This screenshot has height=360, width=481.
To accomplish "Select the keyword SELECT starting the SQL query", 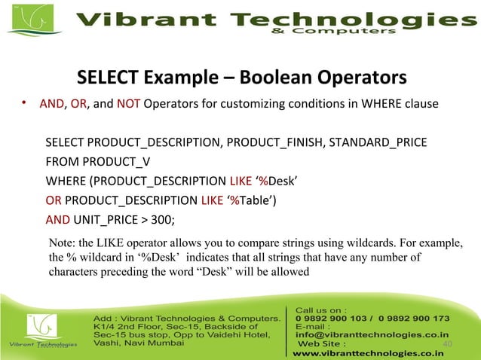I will tap(65, 142).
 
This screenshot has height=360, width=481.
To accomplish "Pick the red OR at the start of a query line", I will tap(54, 200).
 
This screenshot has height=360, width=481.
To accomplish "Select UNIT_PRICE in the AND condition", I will tap(105, 220).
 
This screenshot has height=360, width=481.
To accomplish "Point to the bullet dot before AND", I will tap(24, 103).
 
